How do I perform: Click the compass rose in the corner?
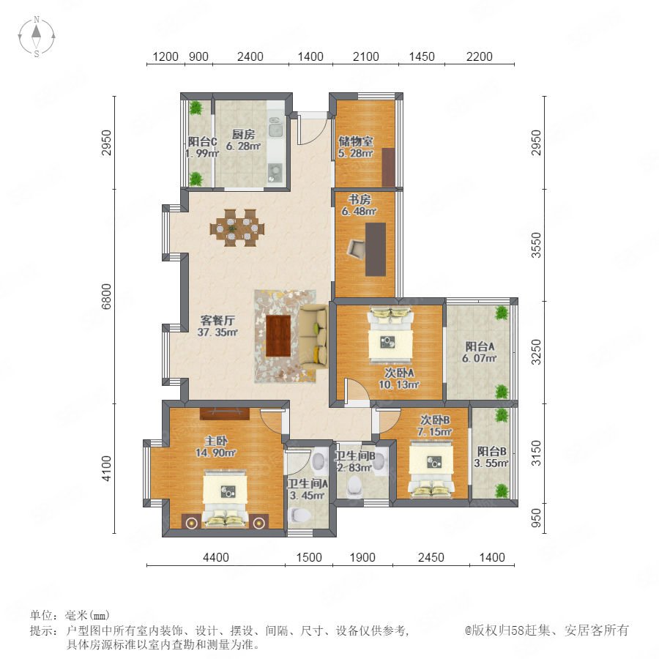[x=37, y=36]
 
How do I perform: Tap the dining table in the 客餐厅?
[x=237, y=228]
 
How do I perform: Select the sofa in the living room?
[x=313, y=337]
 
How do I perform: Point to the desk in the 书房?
[x=376, y=249]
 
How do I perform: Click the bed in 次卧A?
[x=390, y=335]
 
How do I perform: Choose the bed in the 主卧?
[x=226, y=499]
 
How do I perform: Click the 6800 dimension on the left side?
[x=107, y=297]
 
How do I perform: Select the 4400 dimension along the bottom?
[x=216, y=557]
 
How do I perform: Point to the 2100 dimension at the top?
[x=365, y=56]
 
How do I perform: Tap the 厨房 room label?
[x=243, y=135]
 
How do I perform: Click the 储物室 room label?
[x=356, y=141]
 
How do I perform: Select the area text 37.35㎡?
[x=217, y=332]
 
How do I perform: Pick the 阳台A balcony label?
[x=480, y=346]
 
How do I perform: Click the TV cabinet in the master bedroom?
[x=225, y=414]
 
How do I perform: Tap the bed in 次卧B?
[x=431, y=468]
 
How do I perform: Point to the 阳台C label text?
[x=202, y=141]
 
